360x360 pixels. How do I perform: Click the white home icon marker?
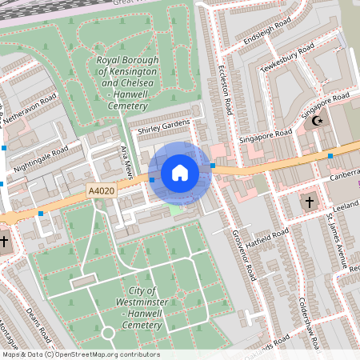(x=180, y=172)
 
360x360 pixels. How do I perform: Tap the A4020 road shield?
(x=99, y=192)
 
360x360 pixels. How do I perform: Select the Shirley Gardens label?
(x=163, y=126)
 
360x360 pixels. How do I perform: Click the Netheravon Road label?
(x=30, y=112)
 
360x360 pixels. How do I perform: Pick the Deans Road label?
(x=38, y=324)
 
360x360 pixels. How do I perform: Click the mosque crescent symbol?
(x=318, y=122)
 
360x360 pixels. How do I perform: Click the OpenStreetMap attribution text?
(x=80, y=354)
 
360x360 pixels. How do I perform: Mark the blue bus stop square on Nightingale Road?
(x=6, y=147)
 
